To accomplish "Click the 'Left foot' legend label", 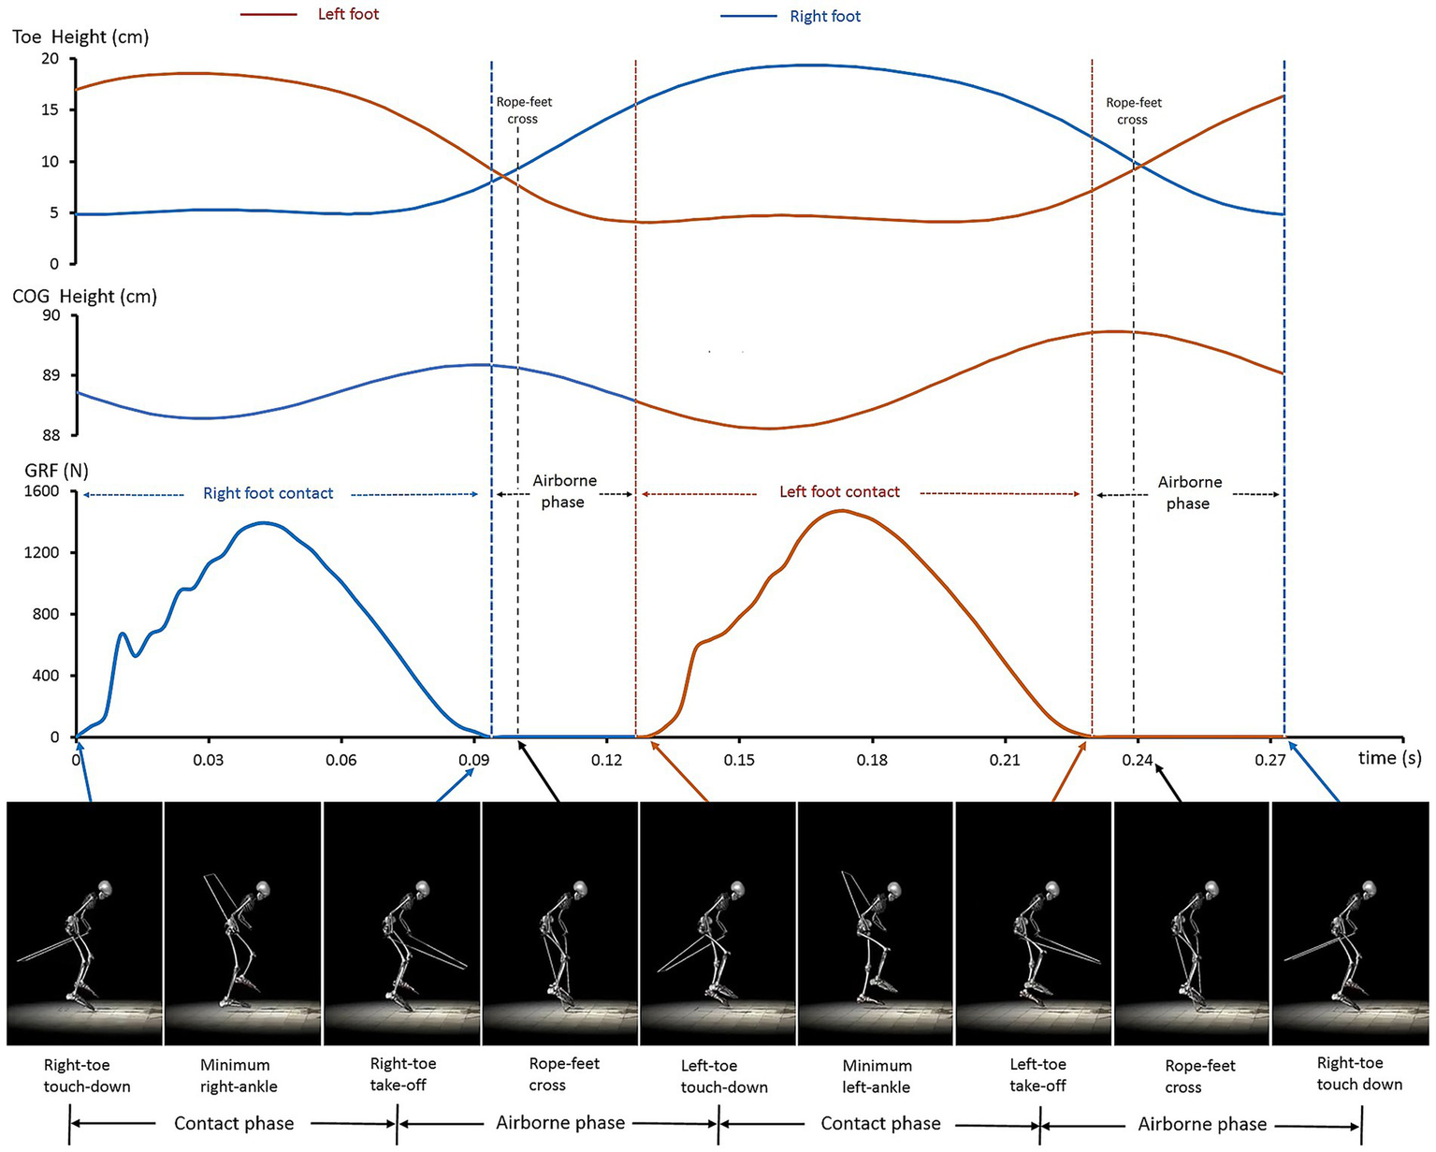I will pyautogui.click(x=348, y=14).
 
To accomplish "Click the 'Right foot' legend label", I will pyautogui.click(x=825, y=16).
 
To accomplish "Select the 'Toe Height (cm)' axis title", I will pyautogui.click(x=80, y=37).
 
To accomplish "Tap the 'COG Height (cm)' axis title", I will pyautogui.click(x=84, y=297).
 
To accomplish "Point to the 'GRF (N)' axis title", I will pyautogui.click(x=48, y=471).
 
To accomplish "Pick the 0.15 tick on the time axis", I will pyautogui.click(x=739, y=759).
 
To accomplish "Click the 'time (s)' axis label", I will pyautogui.click(x=1389, y=758).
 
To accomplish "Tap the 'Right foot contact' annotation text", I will pyautogui.click(x=268, y=493).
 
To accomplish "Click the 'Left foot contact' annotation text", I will pyautogui.click(x=839, y=492).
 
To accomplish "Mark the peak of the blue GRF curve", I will pyautogui.click(x=264, y=523).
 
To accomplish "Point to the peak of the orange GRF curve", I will pyautogui.click(x=842, y=511).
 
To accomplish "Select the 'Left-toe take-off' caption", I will pyautogui.click(x=1037, y=1075).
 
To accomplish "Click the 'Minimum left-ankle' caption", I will pyautogui.click(x=877, y=1076).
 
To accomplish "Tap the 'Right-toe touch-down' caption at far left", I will pyautogui.click(x=87, y=1075).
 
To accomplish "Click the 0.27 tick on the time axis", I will pyautogui.click(x=1270, y=759).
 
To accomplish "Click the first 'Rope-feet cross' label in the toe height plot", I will pyautogui.click(x=524, y=110).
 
